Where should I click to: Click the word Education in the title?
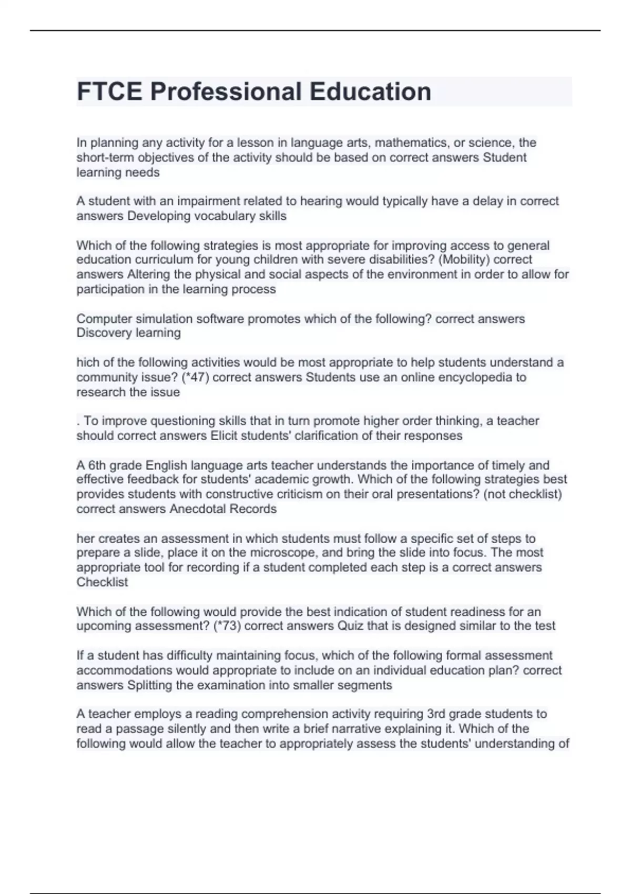tap(370, 92)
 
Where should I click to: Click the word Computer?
tap(103, 319)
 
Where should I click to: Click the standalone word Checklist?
tap(102, 582)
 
